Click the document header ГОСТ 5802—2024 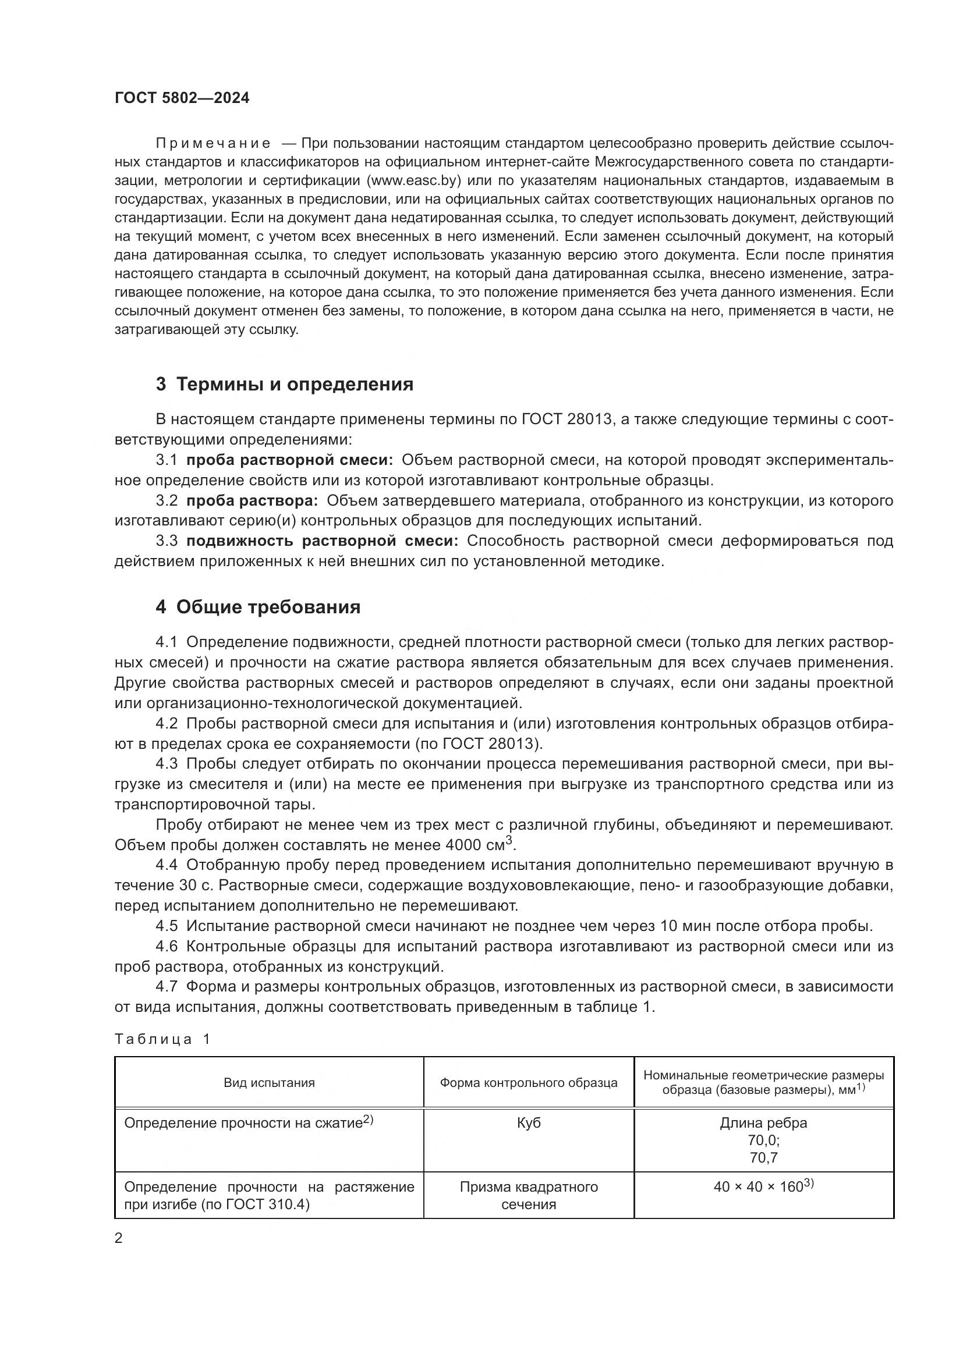click(182, 98)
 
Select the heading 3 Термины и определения click(285, 384)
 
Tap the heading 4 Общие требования click(258, 607)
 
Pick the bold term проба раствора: click(252, 500)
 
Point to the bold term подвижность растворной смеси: click(322, 541)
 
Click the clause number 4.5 click(167, 926)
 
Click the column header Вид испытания click(269, 1082)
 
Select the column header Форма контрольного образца click(528, 1082)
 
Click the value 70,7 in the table click(764, 1157)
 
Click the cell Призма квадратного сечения click(528, 1195)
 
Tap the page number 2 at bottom click(119, 1238)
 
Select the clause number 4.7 click(167, 986)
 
